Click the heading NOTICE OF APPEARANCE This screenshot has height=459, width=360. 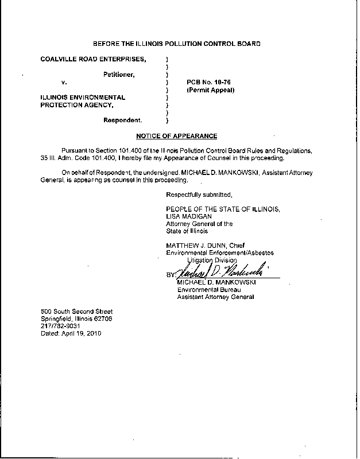176,136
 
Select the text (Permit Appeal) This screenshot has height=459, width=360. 210,90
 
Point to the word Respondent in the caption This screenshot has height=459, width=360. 123,120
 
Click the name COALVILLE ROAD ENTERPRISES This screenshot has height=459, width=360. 93,59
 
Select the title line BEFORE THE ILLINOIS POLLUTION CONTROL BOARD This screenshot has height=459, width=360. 176,44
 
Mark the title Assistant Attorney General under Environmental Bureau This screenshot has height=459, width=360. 215,297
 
